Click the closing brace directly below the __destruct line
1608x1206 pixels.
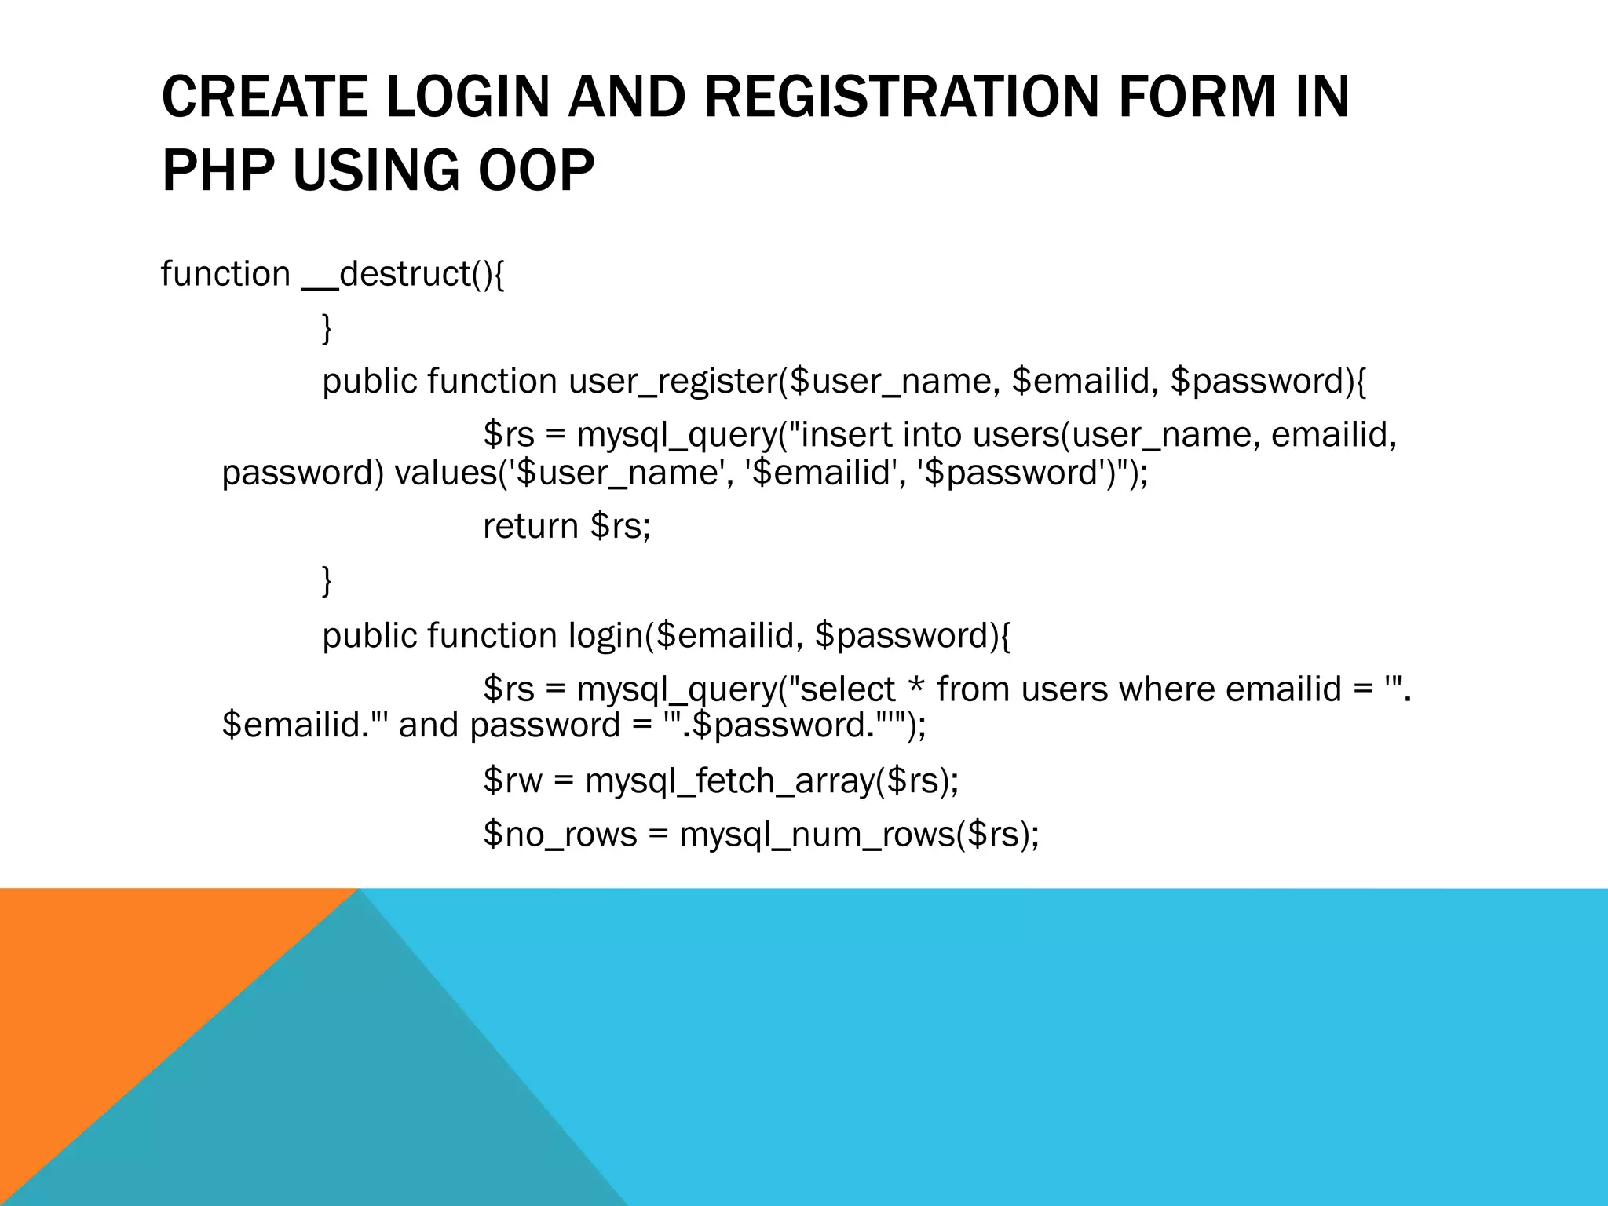pos(327,327)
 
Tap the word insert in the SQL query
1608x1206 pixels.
pos(845,435)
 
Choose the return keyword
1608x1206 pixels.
pos(531,526)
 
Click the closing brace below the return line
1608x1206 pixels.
pos(327,581)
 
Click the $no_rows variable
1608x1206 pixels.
pos(560,834)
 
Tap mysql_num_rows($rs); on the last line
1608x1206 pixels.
pos(859,834)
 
